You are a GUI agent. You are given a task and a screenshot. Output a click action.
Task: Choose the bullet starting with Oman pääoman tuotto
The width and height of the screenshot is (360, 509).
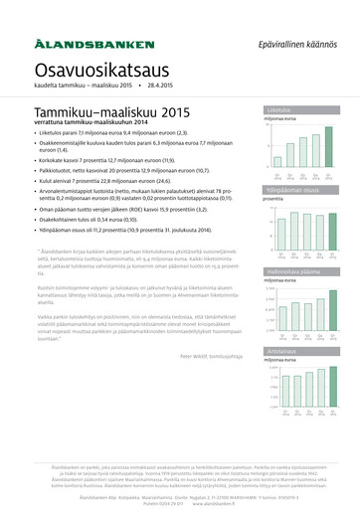click(124, 208)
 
